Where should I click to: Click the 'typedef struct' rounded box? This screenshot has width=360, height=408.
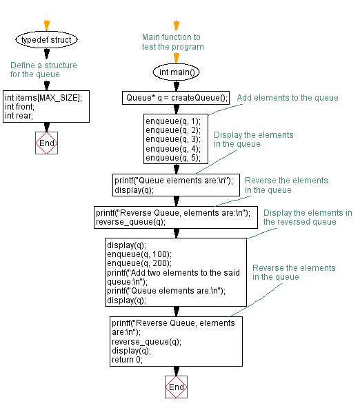coord(46,40)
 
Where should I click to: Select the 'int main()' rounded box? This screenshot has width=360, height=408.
coord(176,72)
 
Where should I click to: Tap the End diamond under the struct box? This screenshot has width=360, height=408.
coord(46,143)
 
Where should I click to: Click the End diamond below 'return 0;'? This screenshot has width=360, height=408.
coord(176,387)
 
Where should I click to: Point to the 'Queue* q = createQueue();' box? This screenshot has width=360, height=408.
coord(175,98)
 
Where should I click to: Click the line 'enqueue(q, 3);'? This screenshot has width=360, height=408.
coord(172,139)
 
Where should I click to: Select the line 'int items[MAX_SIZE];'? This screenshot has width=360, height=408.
coord(43,97)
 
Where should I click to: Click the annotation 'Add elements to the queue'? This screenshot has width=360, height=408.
coord(288,98)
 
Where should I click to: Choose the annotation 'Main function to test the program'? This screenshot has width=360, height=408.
coord(172,42)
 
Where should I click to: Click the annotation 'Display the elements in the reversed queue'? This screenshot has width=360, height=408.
coord(307,217)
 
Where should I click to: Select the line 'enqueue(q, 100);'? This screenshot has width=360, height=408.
coord(137,254)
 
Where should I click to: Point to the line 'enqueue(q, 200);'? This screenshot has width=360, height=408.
coord(137,263)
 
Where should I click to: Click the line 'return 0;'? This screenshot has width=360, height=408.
coord(127,359)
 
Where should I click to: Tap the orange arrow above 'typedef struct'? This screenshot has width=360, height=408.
coord(46,24)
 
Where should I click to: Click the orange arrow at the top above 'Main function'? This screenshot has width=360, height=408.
coord(176,24)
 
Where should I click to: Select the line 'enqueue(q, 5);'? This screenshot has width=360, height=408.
coord(172,157)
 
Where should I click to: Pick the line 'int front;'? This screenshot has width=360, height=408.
coord(20,106)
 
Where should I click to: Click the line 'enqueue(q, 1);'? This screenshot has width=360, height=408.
coord(172,121)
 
